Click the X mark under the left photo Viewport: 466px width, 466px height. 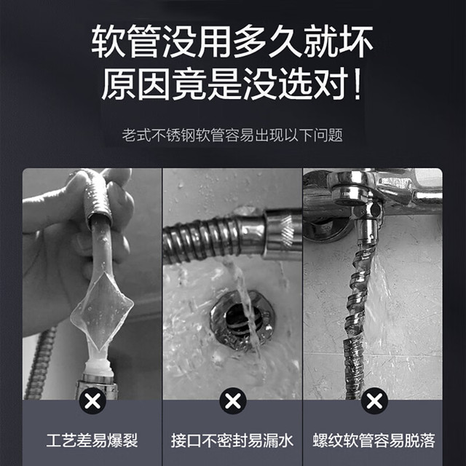pyautogui.click(x=92, y=401)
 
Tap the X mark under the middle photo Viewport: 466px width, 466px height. pyautogui.click(x=233, y=401)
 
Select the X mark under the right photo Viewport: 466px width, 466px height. pyautogui.click(x=374, y=401)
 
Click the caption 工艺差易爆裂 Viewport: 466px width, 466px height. pyautogui.click(x=92, y=441)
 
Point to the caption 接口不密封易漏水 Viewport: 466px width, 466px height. pyautogui.click(x=232, y=441)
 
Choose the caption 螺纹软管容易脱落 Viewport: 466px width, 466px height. pyautogui.click(x=374, y=441)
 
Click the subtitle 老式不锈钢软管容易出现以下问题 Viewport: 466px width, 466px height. pyautogui.click(x=232, y=135)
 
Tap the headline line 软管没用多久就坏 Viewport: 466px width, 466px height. pyautogui.click(x=232, y=42)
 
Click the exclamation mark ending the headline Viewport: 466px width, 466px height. pyautogui.click(x=358, y=84)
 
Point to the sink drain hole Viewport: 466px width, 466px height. pyautogui.click(x=238, y=320)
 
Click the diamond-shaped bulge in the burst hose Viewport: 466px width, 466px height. pyautogui.click(x=102, y=309)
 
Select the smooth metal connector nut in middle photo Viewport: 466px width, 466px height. pyautogui.click(x=283, y=233)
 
